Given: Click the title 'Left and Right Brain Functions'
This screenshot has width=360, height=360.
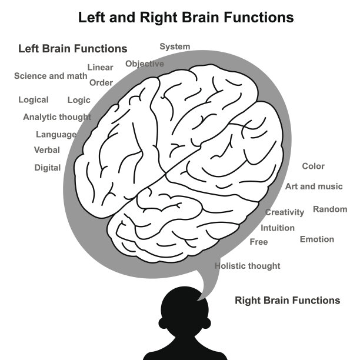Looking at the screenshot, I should click(x=186, y=18).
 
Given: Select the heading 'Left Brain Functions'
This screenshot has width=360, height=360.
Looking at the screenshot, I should click(x=73, y=49).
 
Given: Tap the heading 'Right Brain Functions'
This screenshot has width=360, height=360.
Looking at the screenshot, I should click(x=287, y=301).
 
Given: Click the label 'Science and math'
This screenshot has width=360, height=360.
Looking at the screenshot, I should click(x=51, y=76).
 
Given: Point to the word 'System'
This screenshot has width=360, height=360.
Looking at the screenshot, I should click(x=175, y=46).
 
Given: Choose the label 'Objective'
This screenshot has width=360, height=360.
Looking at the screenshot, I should click(x=145, y=64).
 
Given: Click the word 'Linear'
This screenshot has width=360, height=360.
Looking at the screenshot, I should click(x=100, y=68).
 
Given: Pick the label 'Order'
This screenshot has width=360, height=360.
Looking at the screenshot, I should click(x=101, y=83).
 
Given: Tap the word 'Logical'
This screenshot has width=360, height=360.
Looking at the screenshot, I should click(x=34, y=100).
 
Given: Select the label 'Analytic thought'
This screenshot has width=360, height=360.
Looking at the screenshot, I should click(x=57, y=117).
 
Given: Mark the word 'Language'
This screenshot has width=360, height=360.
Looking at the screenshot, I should click(x=56, y=135).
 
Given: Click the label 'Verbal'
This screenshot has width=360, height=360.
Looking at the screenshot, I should click(x=47, y=150).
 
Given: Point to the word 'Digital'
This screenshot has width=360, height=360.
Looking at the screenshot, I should click(x=48, y=168).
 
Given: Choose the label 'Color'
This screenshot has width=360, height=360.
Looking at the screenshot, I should click(x=313, y=166).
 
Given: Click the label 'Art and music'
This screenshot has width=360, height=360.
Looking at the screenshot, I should click(x=314, y=186).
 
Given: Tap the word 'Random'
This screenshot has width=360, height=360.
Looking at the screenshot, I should click(x=330, y=209).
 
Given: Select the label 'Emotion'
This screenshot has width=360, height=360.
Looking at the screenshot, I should click(x=317, y=239).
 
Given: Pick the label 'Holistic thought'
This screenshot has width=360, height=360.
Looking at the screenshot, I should click(x=247, y=266).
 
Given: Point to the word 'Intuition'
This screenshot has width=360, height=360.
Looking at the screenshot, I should click(x=278, y=228).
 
